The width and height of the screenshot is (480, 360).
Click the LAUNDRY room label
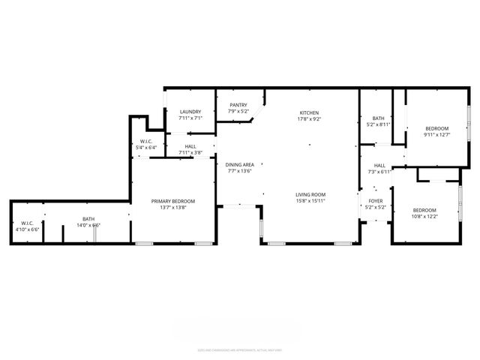coord(190,112)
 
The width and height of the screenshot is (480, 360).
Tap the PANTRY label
coord(238,106)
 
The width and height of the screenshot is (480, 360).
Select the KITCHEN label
coord(310,112)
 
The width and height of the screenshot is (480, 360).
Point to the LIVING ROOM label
coord(310,194)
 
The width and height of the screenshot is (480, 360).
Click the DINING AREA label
coord(239,164)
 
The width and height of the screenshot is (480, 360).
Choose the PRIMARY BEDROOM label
coord(172,201)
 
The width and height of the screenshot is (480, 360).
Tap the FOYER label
coord(375,201)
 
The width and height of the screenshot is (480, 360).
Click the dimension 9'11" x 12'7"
coord(436,135)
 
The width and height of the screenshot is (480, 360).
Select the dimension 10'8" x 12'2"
coord(425,216)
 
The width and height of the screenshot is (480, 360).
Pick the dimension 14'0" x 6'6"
coord(88,225)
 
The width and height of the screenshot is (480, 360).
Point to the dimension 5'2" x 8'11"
coord(378,124)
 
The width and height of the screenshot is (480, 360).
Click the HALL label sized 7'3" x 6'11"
coord(379,165)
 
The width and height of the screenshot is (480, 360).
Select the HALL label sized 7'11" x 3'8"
coord(190,147)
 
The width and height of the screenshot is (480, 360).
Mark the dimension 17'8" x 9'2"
coord(310,118)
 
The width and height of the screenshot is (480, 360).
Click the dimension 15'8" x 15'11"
coord(310,200)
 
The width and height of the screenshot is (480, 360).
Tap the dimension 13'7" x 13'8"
coord(172,208)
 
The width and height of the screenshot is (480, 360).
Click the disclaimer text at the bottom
coord(240,349)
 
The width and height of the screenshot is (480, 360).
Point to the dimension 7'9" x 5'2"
coord(238,112)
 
